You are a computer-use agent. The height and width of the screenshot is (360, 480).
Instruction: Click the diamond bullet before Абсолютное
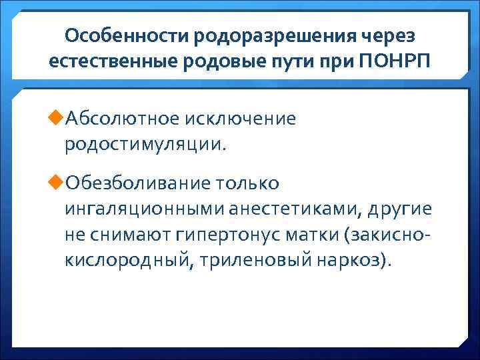(x=56, y=119)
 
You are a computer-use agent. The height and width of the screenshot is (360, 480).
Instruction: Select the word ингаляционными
(x=145, y=209)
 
